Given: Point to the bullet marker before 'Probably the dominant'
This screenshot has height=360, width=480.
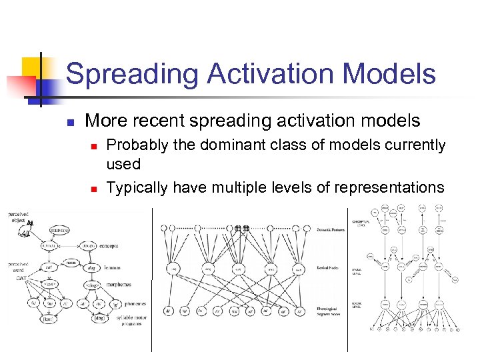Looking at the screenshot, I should pyautogui.click(x=94, y=145).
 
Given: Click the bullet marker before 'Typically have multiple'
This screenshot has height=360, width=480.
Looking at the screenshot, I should pyautogui.click(x=94, y=189).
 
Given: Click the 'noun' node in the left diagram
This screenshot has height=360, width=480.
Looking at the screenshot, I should pyautogui.click(x=70, y=263).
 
